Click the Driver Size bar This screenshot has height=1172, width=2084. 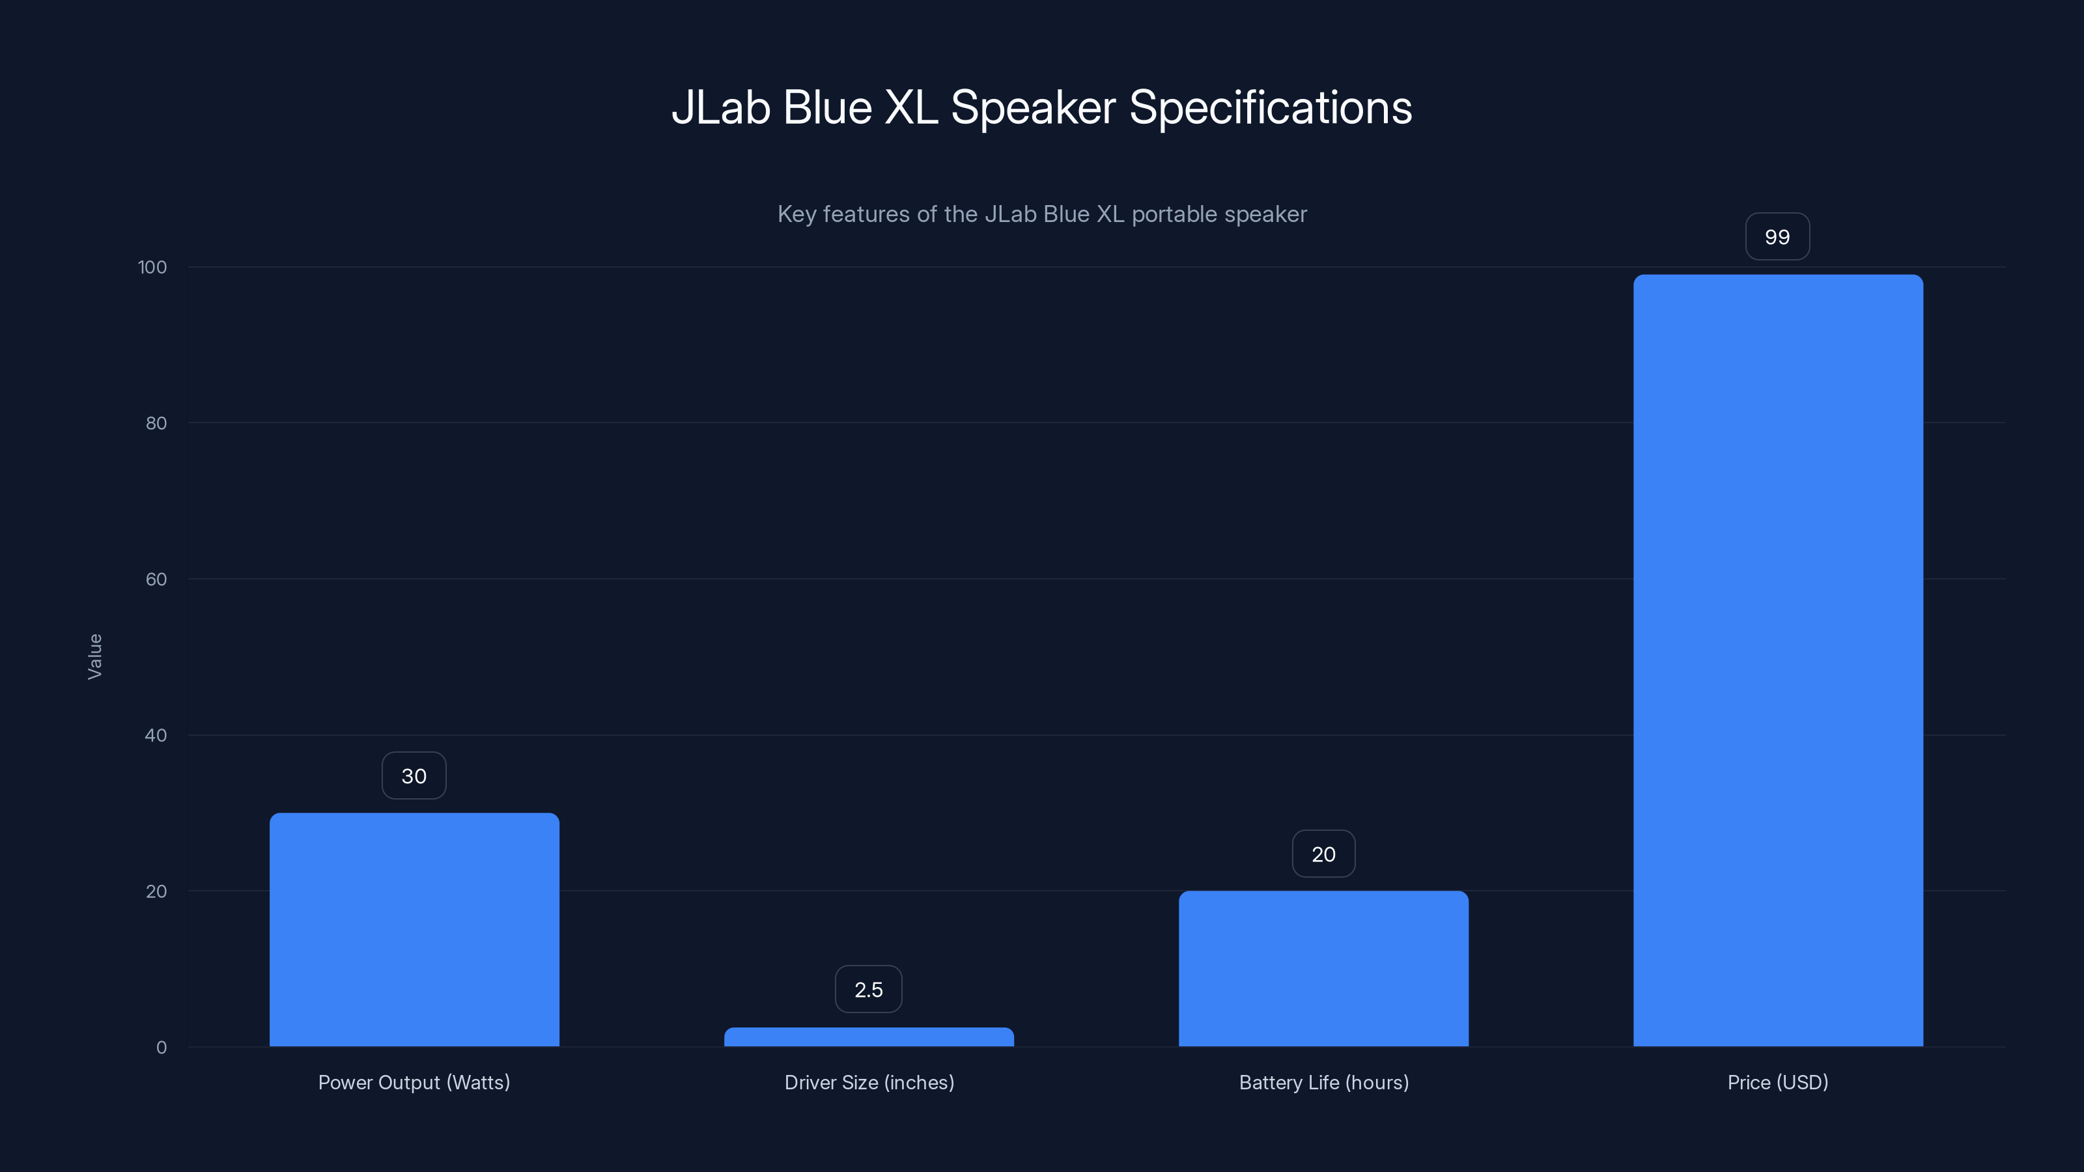[869, 1037]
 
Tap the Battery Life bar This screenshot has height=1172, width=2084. [1323, 968]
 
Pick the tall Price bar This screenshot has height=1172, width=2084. [1777, 660]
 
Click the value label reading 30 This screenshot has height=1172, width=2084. [414, 775]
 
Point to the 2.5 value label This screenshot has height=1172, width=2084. [869, 989]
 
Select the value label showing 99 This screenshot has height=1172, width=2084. [1777, 237]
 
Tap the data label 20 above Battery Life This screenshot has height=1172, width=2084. [1323, 854]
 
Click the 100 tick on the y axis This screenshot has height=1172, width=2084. [152, 267]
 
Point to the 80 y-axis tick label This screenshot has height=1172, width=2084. [156, 423]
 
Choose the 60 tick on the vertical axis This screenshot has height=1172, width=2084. [156, 579]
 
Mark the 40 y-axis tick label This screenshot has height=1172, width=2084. [156, 735]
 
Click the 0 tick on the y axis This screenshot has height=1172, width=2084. [162, 1048]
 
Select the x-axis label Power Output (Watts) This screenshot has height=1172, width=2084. [414, 1082]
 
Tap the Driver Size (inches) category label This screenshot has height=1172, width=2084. [869, 1082]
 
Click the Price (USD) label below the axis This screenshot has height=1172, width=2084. [1777, 1082]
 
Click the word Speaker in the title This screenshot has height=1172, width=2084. [1033, 107]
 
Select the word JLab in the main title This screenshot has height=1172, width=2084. [720, 107]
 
